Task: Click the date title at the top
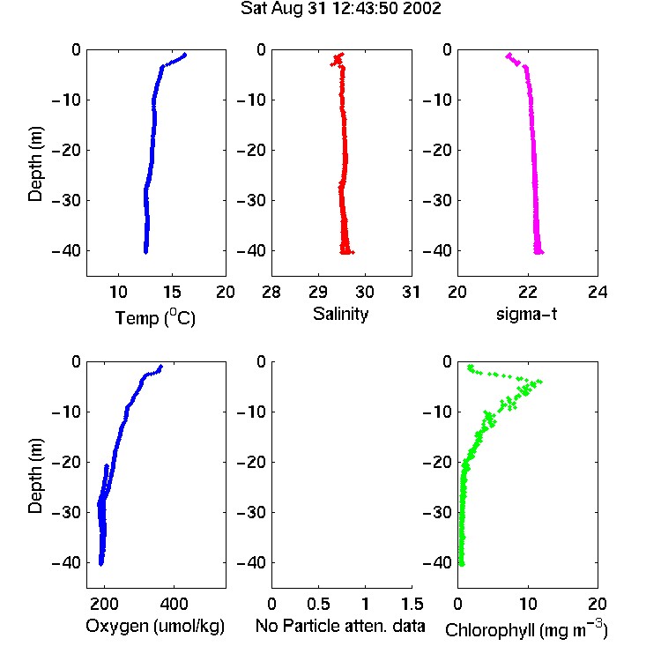click(340, 8)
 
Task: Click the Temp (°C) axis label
click(155, 317)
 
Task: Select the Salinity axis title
click(340, 314)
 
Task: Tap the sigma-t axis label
click(526, 314)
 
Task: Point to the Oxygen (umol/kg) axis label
click(155, 627)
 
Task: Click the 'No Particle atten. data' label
click(340, 626)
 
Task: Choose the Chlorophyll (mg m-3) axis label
click(526, 629)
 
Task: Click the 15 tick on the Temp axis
click(172, 292)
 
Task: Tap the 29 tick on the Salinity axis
click(318, 292)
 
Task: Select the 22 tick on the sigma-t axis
click(528, 292)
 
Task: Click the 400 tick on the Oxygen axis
click(175, 604)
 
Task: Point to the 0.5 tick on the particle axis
click(318, 604)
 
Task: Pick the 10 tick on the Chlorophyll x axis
click(528, 604)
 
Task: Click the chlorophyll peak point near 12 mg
click(540, 382)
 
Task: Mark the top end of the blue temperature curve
click(184, 55)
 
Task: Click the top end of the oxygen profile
click(160, 367)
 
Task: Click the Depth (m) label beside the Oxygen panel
click(35, 476)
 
